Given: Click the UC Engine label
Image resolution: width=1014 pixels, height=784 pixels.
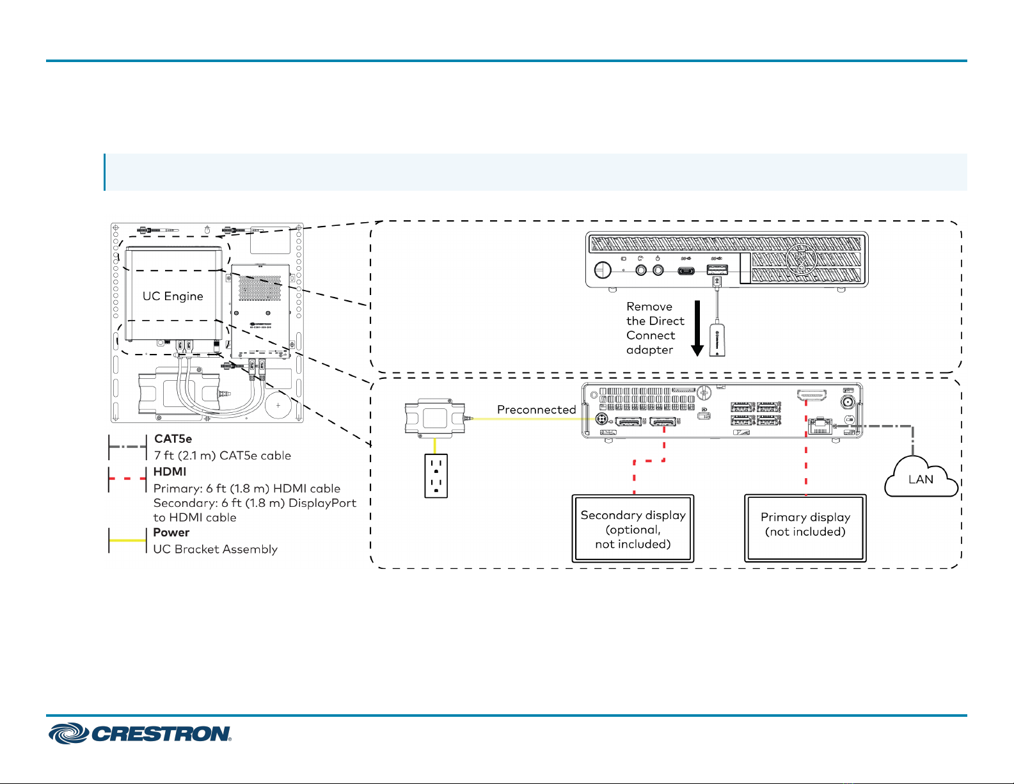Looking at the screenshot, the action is (173, 296).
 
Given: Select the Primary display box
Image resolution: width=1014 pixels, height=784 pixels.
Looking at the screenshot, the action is (805, 528).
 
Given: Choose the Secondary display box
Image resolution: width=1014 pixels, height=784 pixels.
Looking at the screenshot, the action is (633, 529).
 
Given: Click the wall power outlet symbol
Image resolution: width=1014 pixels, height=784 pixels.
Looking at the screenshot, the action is (436, 476).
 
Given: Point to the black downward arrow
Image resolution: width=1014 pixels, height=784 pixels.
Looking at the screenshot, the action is (697, 328).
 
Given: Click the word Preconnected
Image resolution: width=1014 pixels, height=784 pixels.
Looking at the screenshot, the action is (536, 409).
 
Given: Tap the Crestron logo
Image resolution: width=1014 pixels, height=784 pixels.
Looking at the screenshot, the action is (140, 733).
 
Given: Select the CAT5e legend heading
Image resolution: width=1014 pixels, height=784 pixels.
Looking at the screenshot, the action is (173, 438).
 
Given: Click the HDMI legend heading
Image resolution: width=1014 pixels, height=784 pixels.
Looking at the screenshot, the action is (170, 472).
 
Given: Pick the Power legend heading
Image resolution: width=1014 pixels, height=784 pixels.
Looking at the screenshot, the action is (171, 532).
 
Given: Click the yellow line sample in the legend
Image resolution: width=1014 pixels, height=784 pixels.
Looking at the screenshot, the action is (127, 540).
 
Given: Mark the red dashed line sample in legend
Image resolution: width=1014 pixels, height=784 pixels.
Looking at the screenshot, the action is (127, 478).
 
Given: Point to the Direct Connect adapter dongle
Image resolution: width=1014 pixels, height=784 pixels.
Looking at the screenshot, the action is (717, 339).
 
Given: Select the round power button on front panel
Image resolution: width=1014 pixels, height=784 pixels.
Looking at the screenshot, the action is (603, 269).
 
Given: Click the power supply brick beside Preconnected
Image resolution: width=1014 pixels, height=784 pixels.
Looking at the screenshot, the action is (435, 418).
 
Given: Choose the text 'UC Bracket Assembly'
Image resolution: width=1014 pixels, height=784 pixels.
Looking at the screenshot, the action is (215, 549).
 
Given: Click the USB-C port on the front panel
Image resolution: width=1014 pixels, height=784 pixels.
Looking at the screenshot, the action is (685, 271).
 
